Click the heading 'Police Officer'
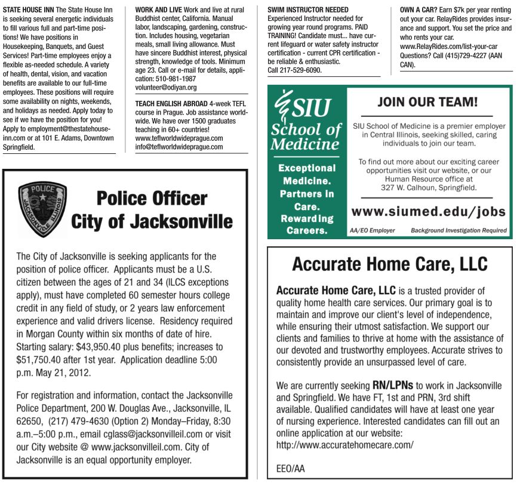click(x=152, y=198)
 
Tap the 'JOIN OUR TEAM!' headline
click(x=427, y=102)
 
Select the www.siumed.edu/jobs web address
click(x=428, y=212)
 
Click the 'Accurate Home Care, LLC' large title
click(x=390, y=264)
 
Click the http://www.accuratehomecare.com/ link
click(x=344, y=445)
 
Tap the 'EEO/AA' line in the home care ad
click(x=290, y=468)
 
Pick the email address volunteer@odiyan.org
click(x=166, y=87)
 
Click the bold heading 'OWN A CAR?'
click(x=421, y=10)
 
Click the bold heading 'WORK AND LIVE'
click(x=158, y=10)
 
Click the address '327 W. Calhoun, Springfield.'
click(x=429, y=187)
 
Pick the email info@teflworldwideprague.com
click(x=179, y=146)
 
